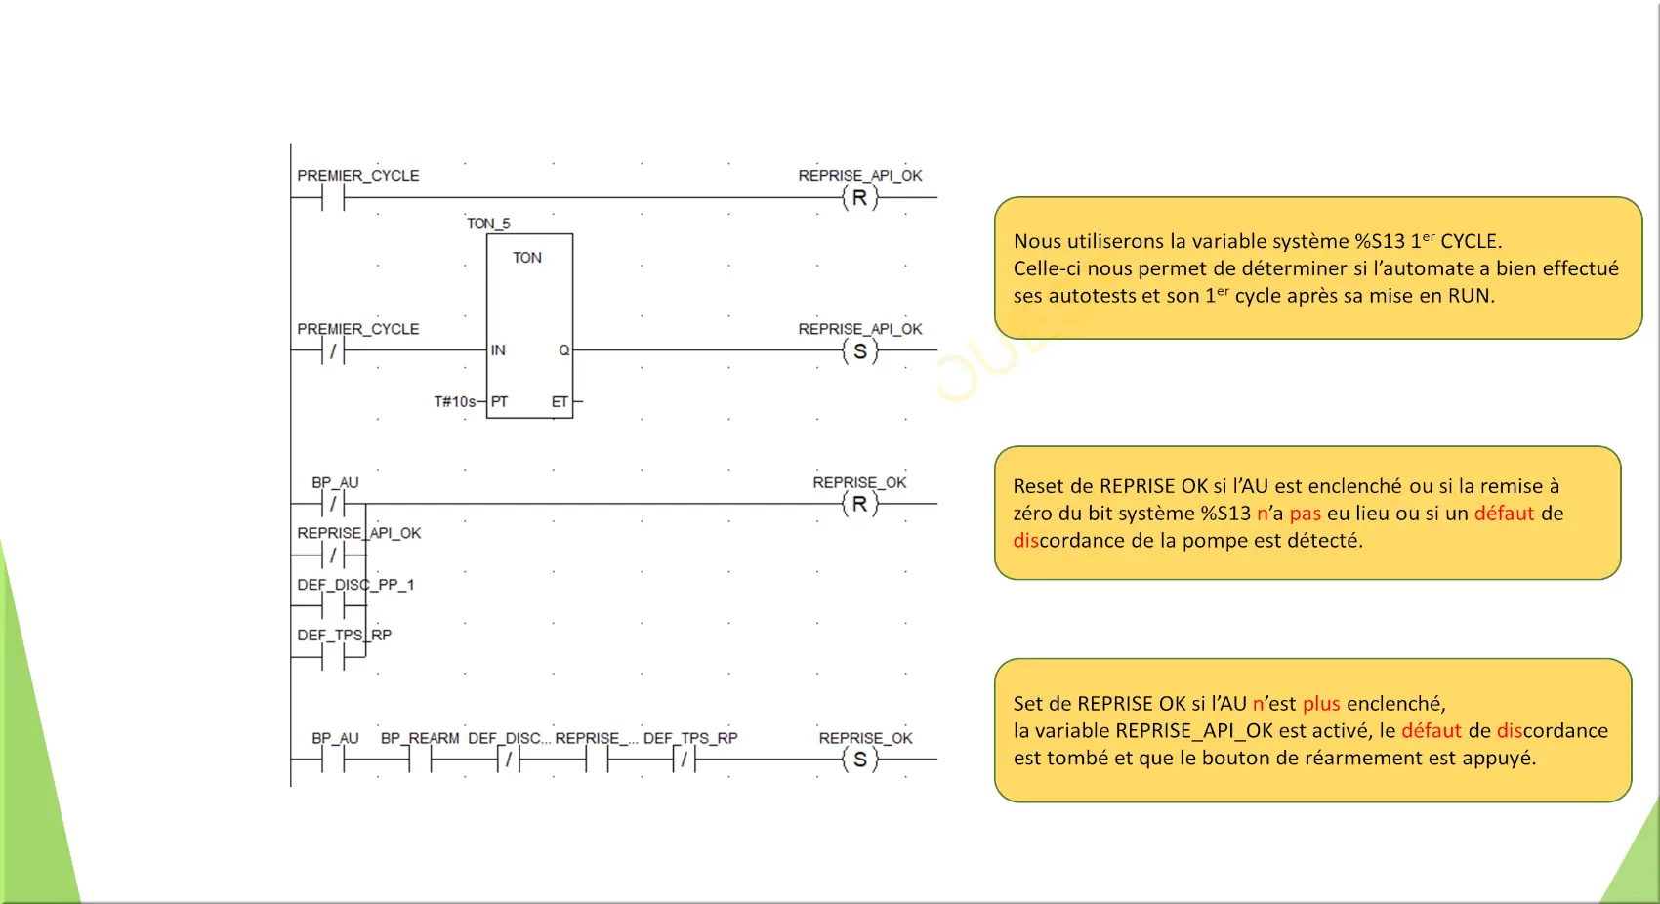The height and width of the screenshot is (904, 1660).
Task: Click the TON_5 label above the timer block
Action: point(488,223)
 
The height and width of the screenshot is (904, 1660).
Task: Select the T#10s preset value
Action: point(454,401)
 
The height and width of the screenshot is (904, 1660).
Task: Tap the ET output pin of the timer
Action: point(560,401)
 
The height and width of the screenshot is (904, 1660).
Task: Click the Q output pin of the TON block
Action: point(564,349)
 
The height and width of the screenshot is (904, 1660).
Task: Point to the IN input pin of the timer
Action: point(498,349)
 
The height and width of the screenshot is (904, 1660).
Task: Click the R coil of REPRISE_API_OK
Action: point(859,198)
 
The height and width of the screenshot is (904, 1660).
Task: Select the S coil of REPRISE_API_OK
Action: point(859,351)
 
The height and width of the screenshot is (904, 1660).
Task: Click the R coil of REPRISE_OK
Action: point(859,504)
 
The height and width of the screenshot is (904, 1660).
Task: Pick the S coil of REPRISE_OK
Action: point(859,760)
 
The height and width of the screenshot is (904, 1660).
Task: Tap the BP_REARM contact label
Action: point(420,738)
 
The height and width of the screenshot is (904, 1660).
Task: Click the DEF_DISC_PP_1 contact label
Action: point(355,585)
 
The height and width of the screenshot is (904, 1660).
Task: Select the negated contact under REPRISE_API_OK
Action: point(334,555)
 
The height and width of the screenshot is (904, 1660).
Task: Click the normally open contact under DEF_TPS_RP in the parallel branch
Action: point(334,657)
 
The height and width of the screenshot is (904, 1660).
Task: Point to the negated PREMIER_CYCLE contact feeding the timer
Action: point(334,351)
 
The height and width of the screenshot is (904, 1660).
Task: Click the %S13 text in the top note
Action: point(1380,241)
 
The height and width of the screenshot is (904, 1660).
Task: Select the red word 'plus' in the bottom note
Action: point(1321,704)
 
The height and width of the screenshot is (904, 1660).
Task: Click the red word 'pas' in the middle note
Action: point(1305,514)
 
